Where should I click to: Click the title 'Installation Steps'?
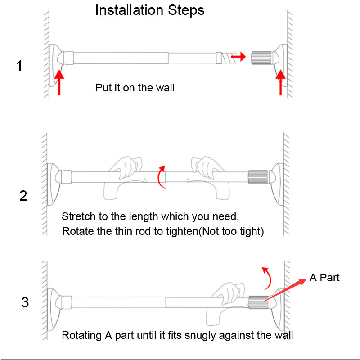(x=150, y=10)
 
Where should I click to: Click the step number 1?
(x=19, y=66)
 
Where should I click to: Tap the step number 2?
(x=23, y=196)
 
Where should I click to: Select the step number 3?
(x=25, y=302)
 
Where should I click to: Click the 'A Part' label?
(x=324, y=278)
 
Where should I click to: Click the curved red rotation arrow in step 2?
(x=161, y=176)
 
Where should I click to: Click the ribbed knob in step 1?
(x=262, y=58)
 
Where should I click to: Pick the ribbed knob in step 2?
(x=258, y=176)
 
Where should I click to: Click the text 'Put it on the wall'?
(x=135, y=88)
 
